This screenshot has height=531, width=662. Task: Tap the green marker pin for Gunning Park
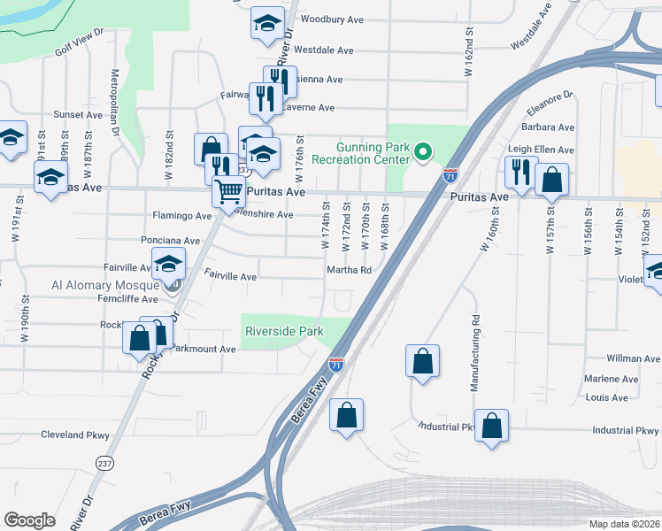tap(423, 153)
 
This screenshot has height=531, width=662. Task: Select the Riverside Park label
tap(283, 332)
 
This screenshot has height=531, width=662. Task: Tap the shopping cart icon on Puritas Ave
tap(229, 189)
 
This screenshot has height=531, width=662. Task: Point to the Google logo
tap(29, 520)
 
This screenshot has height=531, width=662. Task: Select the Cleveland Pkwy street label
tap(74, 435)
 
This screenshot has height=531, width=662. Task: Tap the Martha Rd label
tap(349, 271)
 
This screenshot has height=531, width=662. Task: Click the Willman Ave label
tap(634, 359)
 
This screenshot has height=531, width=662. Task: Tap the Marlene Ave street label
tap(612, 379)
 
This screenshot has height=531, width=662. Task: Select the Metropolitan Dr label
tap(115, 102)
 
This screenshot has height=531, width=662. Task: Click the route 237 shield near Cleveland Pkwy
tap(104, 463)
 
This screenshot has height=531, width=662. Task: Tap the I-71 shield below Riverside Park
tap(336, 363)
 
